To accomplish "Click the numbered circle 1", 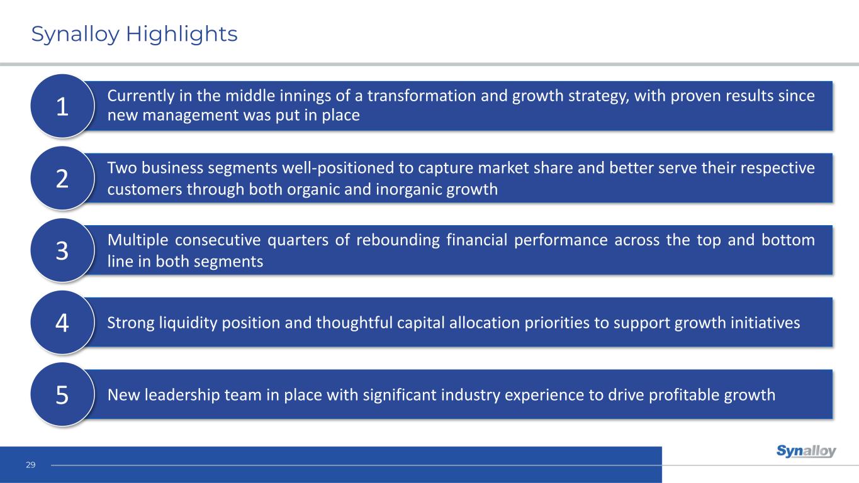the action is point(62,106).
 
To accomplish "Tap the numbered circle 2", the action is point(62,178).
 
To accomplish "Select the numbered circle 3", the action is point(62,250).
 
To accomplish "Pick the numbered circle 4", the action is point(62,322).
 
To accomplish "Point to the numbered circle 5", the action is point(62,394).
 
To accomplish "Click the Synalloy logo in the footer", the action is point(806,451).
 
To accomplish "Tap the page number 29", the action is point(31,465).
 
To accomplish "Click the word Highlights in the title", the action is point(182,34).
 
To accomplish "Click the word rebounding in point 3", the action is point(398,240).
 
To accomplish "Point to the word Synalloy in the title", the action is point(75,34).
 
